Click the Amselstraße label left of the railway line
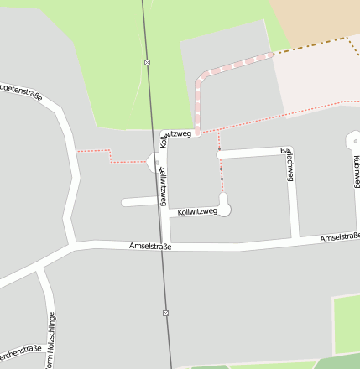150,247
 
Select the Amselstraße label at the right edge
339,239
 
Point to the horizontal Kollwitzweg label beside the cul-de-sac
197,212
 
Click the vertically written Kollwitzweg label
162,185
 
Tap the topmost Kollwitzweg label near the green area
176,134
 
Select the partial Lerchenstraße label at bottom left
20,351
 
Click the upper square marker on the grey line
148,62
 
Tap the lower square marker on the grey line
165,313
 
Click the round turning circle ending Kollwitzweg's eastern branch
223,201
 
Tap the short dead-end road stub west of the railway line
138,202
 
